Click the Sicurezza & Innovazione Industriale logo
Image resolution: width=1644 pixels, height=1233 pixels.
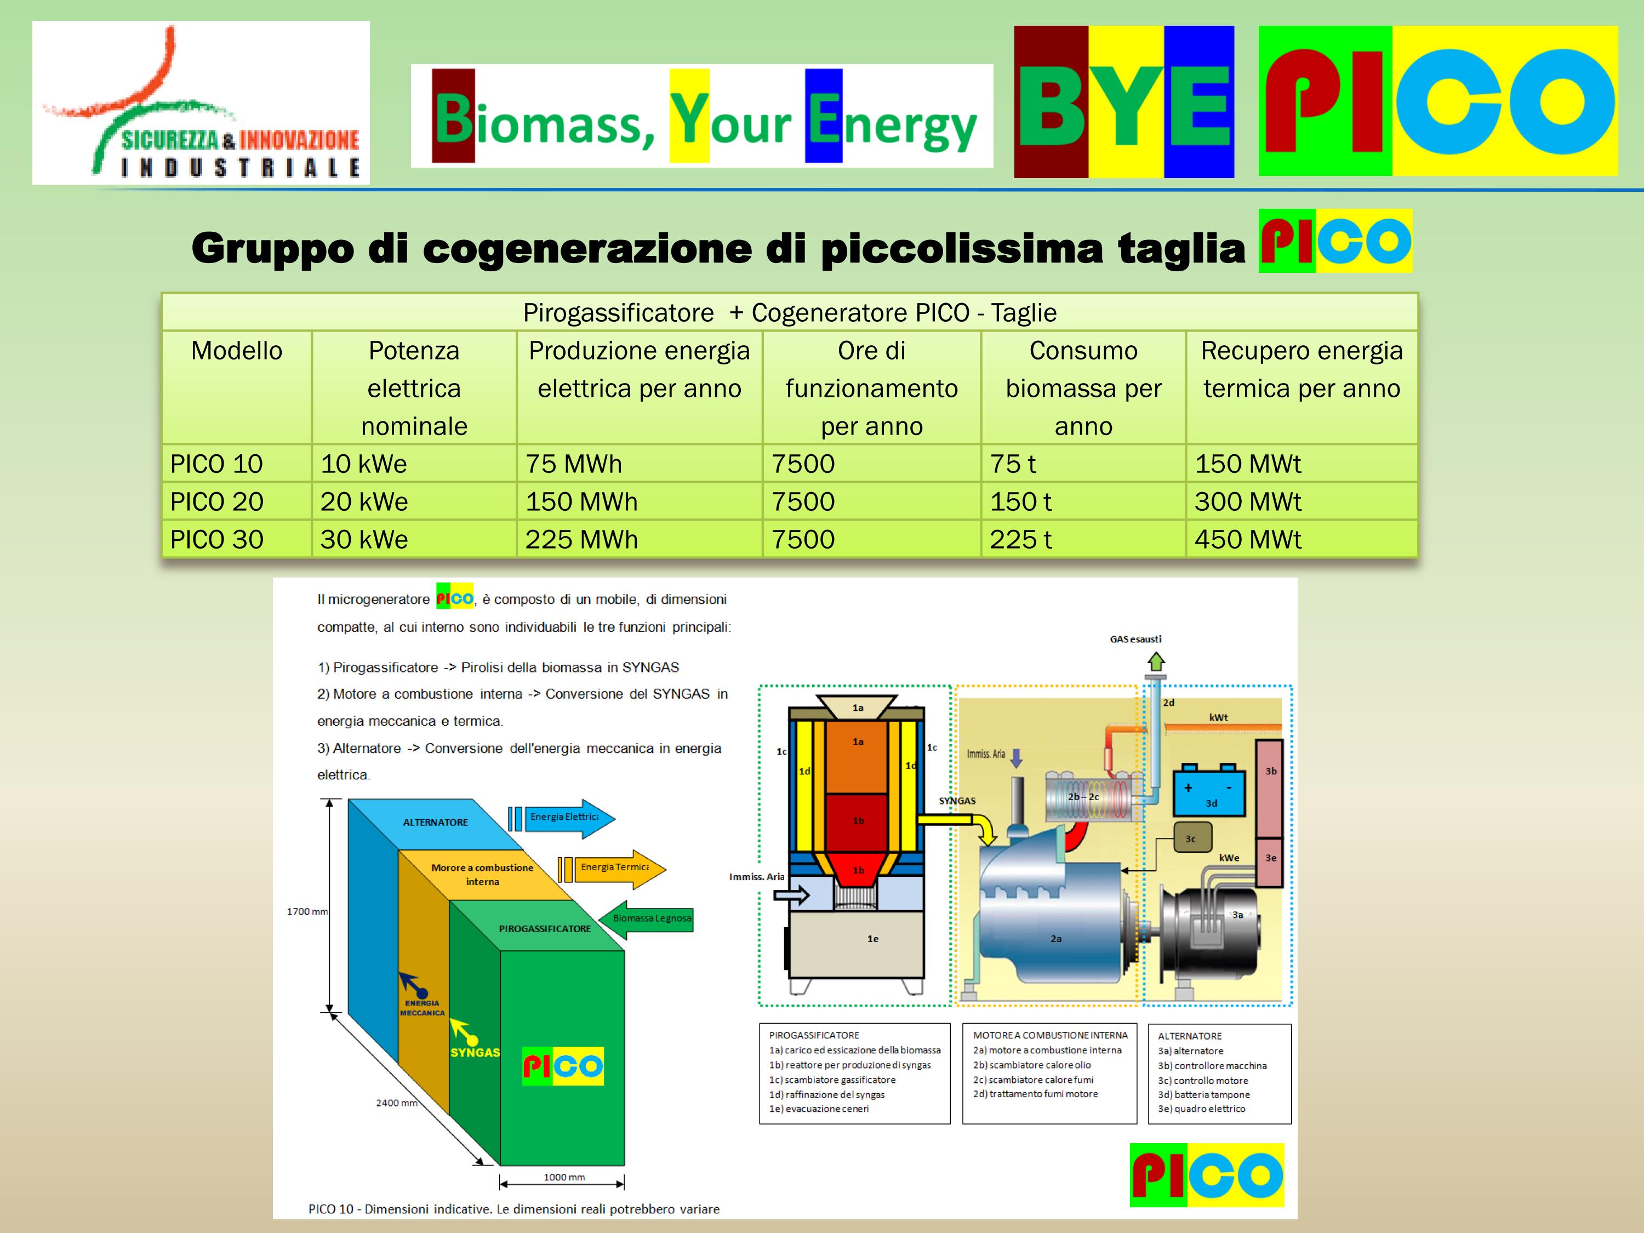tap(201, 102)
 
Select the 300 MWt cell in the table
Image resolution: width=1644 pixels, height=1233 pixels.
tap(1248, 501)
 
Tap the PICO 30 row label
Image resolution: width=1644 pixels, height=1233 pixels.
tap(216, 540)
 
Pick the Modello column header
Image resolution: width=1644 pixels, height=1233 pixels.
tap(236, 351)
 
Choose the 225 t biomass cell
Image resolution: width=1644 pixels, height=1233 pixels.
tap(1020, 540)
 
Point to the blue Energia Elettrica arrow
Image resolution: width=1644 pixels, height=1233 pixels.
tap(562, 818)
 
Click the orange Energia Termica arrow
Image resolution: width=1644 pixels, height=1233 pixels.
tap(612, 868)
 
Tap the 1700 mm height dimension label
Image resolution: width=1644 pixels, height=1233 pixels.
tap(307, 911)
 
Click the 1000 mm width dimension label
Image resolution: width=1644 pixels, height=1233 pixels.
tap(564, 1177)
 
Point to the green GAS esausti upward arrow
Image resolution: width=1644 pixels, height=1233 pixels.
tap(1156, 661)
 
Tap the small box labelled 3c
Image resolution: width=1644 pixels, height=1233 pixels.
tap(1192, 837)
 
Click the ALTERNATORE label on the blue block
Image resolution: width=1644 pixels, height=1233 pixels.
tap(436, 822)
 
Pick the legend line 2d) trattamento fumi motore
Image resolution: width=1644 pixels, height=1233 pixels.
tap(1035, 1094)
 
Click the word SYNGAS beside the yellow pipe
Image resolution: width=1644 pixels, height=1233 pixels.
tap(957, 801)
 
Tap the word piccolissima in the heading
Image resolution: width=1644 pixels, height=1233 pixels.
tap(962, 248)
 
